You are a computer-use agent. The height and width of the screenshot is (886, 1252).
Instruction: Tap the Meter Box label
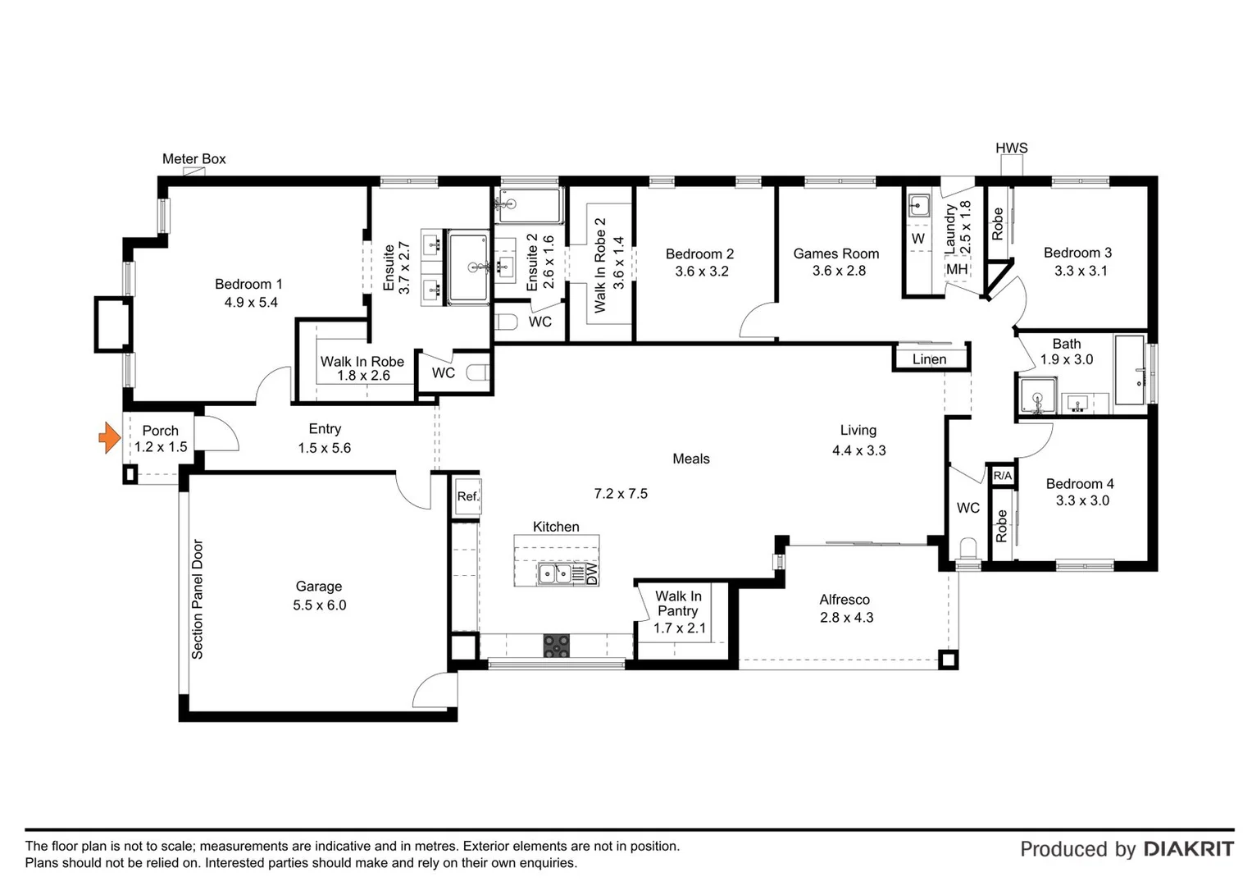[193, 159]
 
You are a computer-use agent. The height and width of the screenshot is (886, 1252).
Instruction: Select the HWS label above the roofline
[1011, 148]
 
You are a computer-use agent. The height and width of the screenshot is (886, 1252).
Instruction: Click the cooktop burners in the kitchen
[557, 646]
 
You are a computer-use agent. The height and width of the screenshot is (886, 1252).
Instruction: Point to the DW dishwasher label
[592, 573]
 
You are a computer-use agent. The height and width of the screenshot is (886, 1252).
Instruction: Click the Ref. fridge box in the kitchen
[467, 496]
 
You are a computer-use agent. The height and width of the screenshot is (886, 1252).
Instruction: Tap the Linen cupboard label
[929, 359]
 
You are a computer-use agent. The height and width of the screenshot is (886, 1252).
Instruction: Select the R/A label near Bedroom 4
[1002, 476]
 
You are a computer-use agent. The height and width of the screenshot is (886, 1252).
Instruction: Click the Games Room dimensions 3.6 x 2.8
[839, 271]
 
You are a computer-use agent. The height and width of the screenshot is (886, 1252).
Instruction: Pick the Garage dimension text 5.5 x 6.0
[319, 605]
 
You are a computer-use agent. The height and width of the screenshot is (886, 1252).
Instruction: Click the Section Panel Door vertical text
[198, 599]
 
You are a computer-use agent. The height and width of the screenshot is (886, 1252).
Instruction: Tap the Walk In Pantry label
[678, 604]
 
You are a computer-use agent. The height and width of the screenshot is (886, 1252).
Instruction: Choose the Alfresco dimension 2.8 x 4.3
[846, 618]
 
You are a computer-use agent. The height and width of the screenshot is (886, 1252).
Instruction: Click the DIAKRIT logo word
[1188, 849]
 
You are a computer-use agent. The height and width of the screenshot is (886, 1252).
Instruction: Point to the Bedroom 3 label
[1077, 253]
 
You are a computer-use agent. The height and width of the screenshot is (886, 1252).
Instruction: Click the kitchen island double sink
[555, 573]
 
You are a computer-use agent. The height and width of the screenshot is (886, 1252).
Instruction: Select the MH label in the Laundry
[956, 269]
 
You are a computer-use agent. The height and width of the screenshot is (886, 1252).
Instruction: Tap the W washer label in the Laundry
[917, 239]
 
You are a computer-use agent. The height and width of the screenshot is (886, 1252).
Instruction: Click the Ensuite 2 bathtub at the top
[529, 205]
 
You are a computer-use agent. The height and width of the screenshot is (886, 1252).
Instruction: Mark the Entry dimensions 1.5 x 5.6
[325, 448]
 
